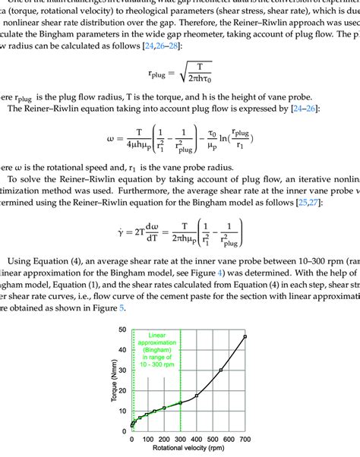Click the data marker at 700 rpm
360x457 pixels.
click(245, 336)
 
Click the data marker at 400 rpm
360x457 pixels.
click(196, 396)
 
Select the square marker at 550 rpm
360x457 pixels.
click(221, 370)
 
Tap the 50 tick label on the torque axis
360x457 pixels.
click(122, 329)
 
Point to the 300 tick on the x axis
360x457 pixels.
click(180, 440)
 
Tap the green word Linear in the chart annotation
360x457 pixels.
click(156, 334)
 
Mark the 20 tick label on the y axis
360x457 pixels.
click(122, 390)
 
